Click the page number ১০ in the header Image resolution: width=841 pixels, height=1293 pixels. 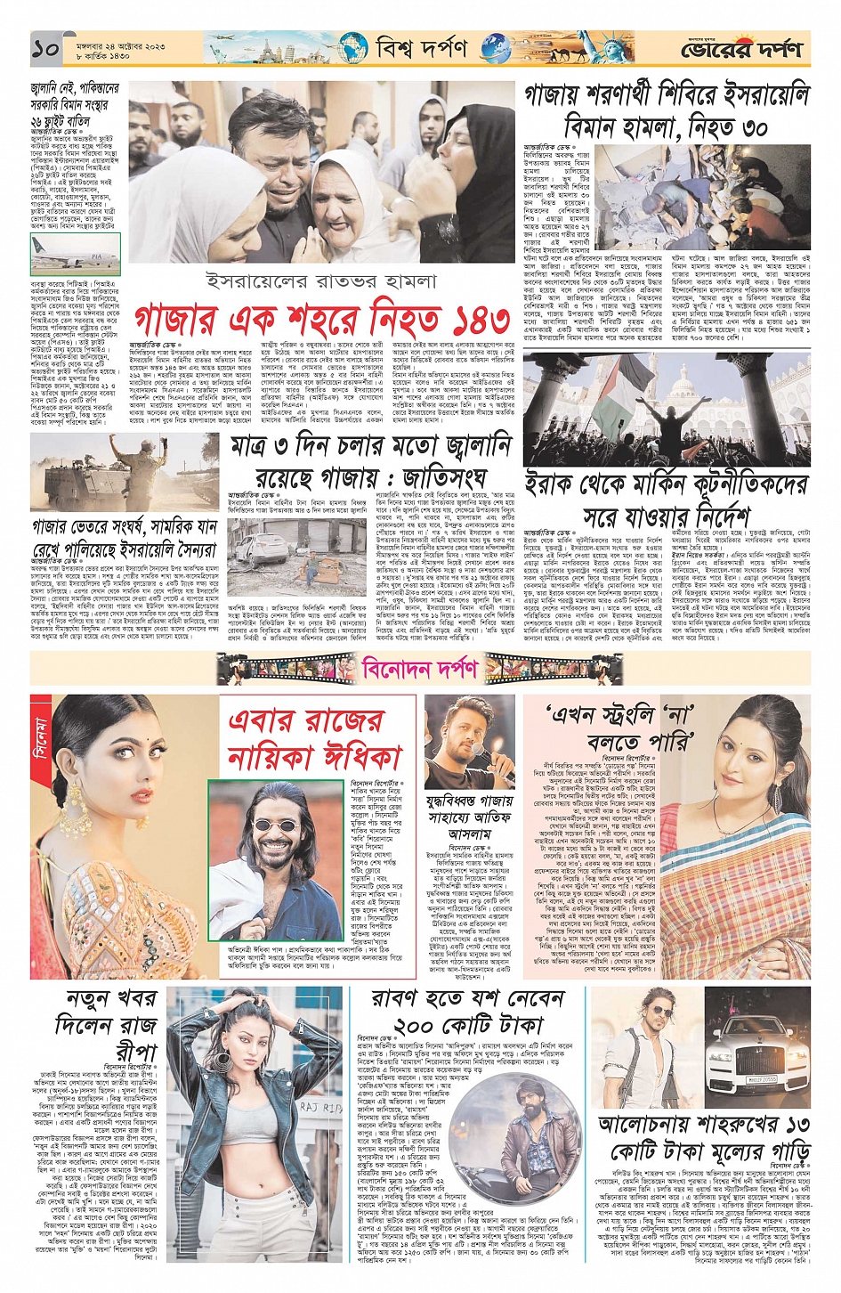(x=44, y=49)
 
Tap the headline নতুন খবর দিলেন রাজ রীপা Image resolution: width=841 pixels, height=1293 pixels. (x=111, y=1023)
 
